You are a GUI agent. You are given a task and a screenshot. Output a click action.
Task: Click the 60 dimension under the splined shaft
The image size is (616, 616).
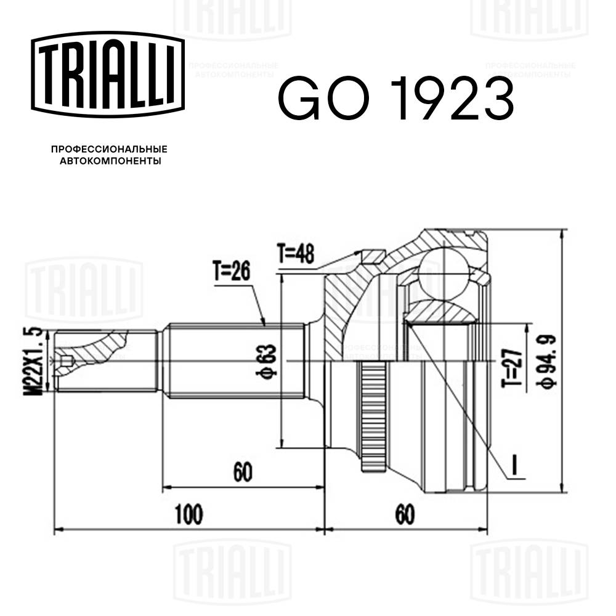(x=243, y=472)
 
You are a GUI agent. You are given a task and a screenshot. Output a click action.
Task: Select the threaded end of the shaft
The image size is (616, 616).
(x=105, y=361)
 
